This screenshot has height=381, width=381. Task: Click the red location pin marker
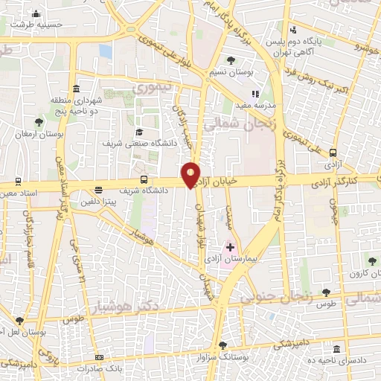point(191,174)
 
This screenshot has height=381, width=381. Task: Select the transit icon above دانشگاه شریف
point(144,179)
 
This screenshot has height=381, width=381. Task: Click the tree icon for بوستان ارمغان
point(39,121)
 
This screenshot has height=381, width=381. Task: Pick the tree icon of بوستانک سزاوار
point(222,345)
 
